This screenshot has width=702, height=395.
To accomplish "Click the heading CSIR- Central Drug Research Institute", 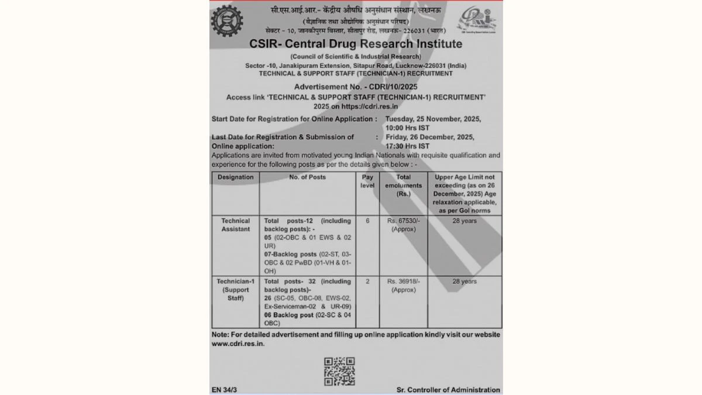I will (356, 44).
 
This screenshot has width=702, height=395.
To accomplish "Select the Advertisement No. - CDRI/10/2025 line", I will (356, 87).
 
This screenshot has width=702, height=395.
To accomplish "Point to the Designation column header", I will (235, 177).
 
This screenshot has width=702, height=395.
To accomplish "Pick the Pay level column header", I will (367, 181).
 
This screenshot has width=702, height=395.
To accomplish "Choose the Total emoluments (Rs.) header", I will (403, 185).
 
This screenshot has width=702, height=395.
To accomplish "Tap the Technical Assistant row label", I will (235, 225).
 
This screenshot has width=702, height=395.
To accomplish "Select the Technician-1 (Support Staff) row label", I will (235, 290).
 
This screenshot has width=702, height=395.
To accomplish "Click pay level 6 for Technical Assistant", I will (367, 221).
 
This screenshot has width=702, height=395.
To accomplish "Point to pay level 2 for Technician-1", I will (367, 281).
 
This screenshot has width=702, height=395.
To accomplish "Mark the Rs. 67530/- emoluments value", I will (403, 221).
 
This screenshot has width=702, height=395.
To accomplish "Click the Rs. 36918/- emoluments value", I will (403, 281).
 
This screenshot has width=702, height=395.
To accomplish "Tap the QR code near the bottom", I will (339, 371).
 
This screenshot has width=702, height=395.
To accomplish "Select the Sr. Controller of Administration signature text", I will (448, 390).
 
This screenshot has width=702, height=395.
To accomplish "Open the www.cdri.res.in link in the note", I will (238, 344).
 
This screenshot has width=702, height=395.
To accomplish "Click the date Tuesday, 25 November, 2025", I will (433, 119).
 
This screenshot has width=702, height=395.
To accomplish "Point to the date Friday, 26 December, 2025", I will (430, 137).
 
